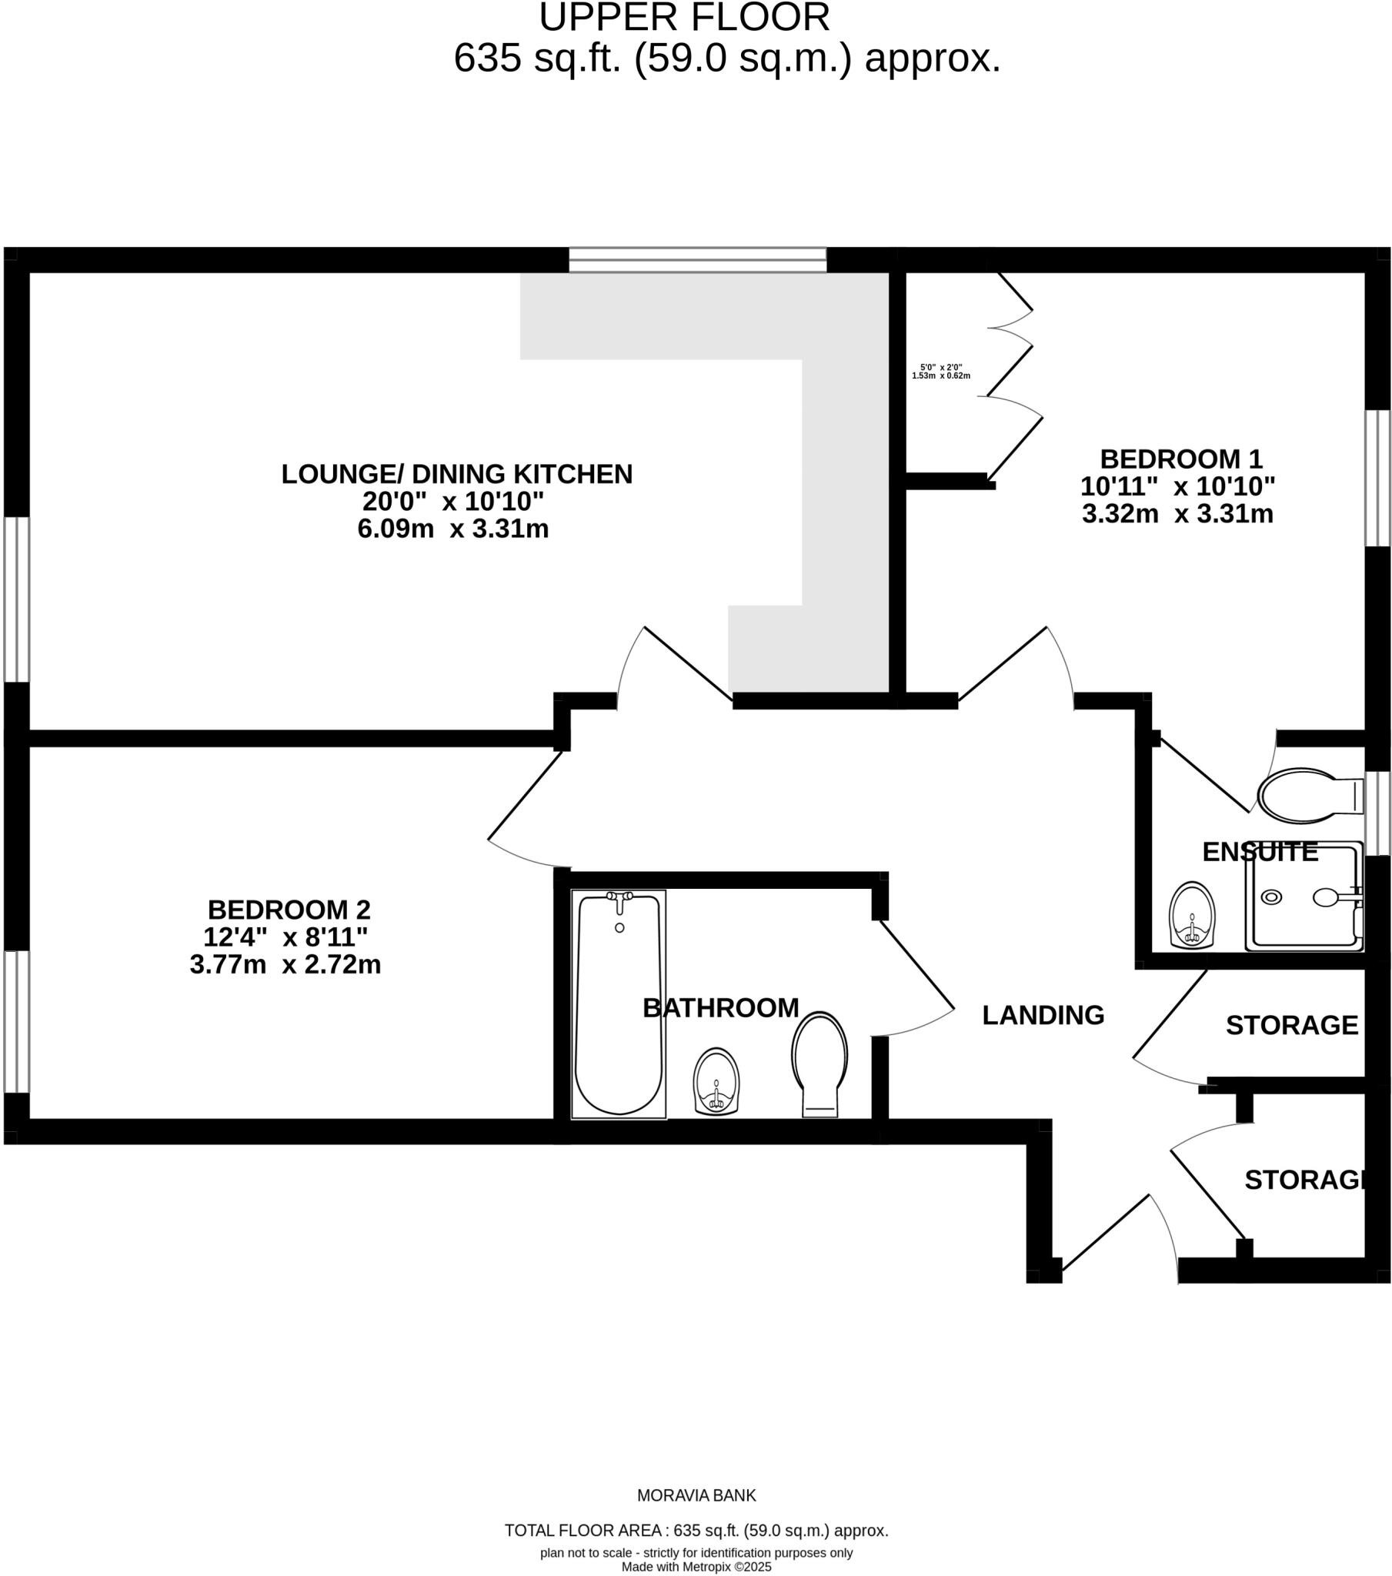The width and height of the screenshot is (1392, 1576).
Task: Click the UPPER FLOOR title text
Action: click(x=684, y=18)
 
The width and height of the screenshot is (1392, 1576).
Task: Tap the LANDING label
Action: click(x=1043, y=1016)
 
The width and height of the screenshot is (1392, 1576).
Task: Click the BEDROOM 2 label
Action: click(x=289, y=910)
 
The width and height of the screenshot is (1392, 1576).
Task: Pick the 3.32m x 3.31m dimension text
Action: click(x=1177, y=513)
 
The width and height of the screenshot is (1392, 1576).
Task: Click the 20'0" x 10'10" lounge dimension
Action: click(x=453, y=501)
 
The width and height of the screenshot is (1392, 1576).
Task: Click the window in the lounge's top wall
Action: click(x=697, y=260)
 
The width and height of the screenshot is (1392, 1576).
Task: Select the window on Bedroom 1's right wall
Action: click(x=1377, y=478)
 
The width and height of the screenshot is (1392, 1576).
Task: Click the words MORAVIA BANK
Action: click(x=696, y=1496)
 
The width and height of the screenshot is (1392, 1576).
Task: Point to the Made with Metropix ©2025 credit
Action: click(x=696, y=1567)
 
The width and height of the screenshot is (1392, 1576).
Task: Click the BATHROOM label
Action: click(x=720, y=1008)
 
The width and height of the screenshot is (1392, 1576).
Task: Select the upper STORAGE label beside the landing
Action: click(x=1291, y=1026)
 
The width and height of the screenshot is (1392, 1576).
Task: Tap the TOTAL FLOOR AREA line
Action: click(x=696, y=1531)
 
